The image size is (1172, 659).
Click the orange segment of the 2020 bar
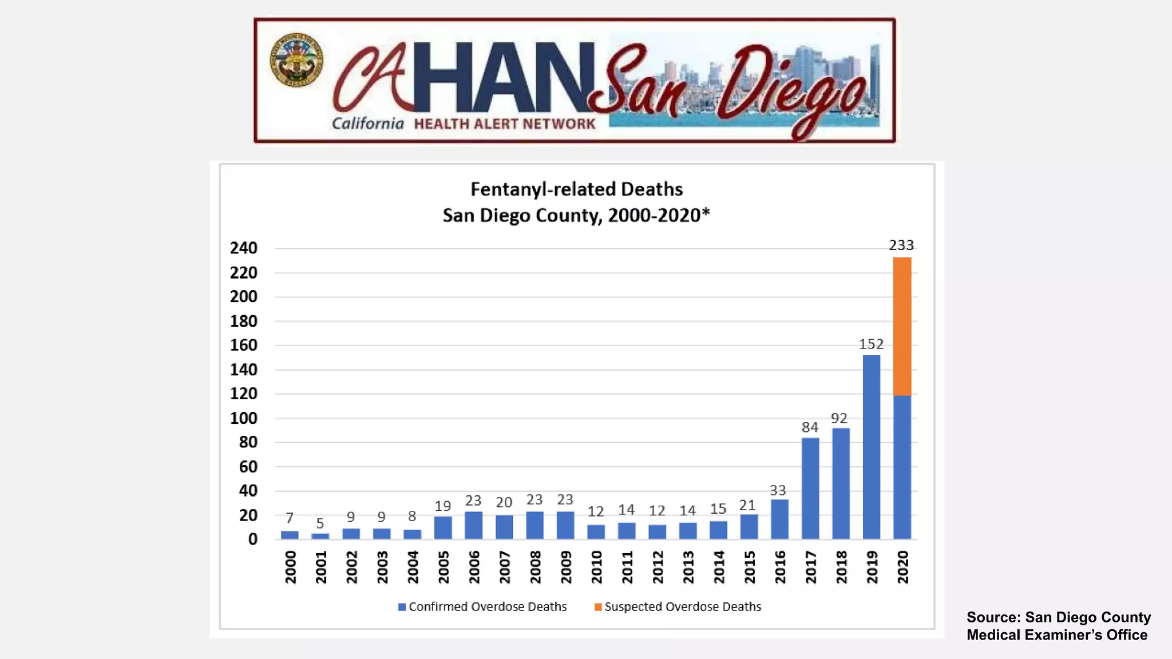click(902, 326)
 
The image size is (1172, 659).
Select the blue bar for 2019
click(871, 447)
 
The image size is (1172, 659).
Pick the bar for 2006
click(473, 525)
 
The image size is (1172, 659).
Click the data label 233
click(901, 245)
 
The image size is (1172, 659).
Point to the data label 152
click(871, 344)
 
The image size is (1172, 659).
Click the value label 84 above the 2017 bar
click(810, 427)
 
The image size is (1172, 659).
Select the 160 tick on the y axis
click(244, 345)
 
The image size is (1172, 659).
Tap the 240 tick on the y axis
click(244, 248)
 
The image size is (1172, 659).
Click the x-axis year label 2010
click(596, 567)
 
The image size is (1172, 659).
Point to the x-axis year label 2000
click(290, 567)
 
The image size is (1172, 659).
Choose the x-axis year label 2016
click(780, 567)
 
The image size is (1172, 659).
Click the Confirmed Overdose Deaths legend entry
click(482, 606)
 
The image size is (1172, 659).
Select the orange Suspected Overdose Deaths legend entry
click(678, 606)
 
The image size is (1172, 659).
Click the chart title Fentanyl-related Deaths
click(576, 189)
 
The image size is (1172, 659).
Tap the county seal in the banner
click(296, 60)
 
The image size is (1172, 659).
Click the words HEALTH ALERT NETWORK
click(504, 124)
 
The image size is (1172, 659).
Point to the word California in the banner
click(367, 124)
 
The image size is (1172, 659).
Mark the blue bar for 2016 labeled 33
click(779, 519)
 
